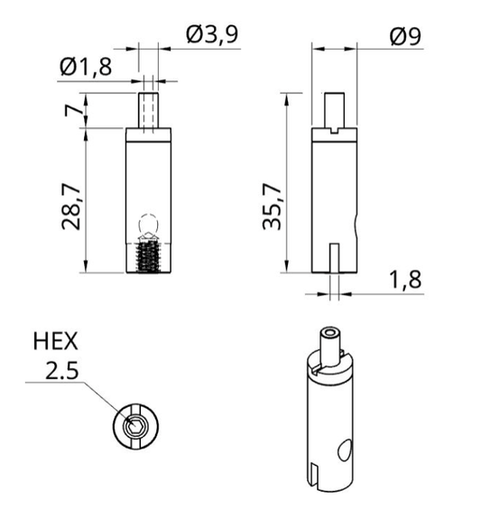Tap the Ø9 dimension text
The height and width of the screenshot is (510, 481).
tap(405, 35)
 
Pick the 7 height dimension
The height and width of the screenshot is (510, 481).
tap(71, 112)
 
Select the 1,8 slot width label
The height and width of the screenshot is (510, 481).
tap(405, 279)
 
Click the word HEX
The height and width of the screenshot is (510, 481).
tap(56, 342)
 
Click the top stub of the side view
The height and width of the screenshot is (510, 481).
tap(335, 109)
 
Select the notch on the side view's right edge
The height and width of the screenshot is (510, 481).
tap(358, 221)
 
